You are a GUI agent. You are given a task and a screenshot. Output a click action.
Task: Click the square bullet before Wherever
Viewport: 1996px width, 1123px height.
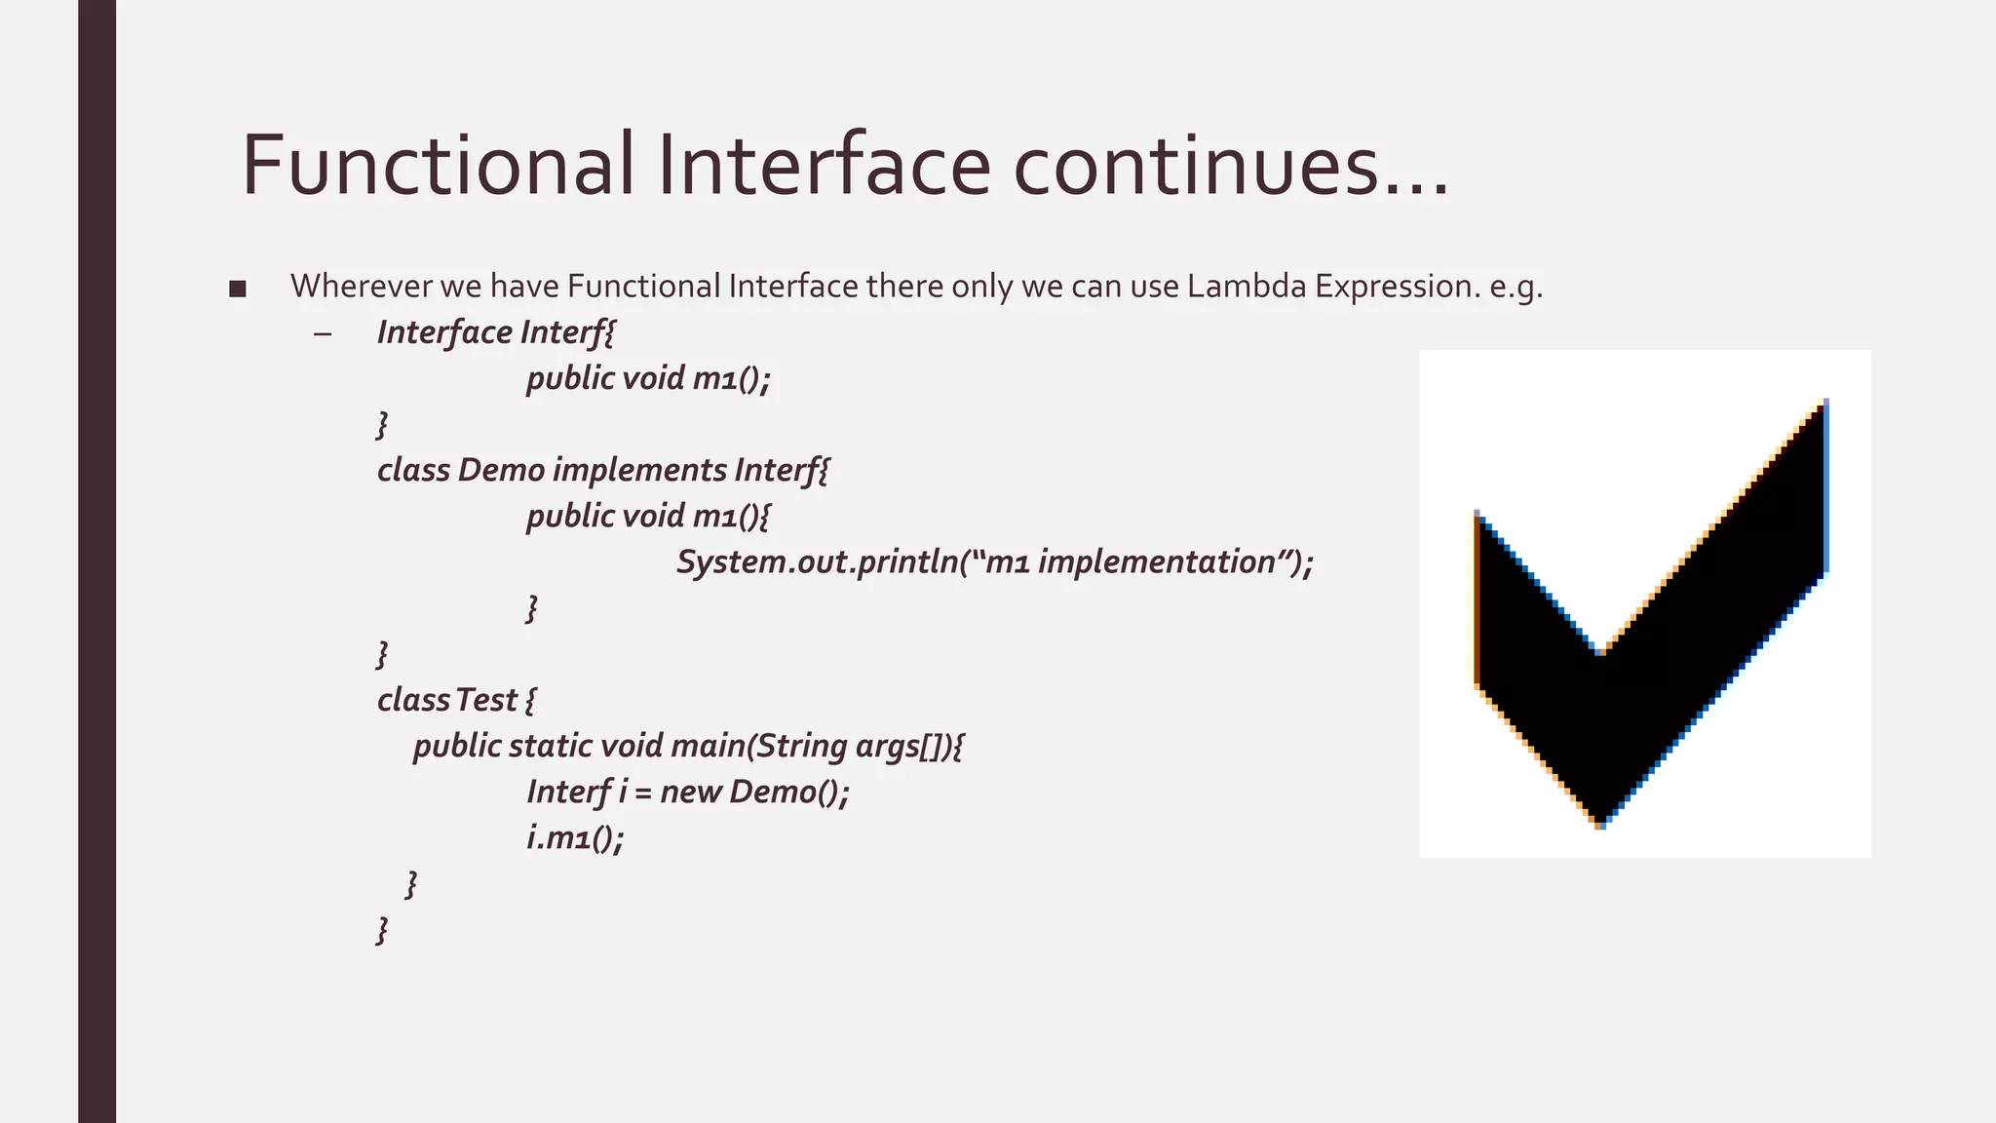[x=237, y=289]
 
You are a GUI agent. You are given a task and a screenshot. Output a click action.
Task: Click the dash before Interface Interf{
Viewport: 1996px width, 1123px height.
[x=323, y=333]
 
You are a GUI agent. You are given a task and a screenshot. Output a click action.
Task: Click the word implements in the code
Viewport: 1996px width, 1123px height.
[x=639, y=470]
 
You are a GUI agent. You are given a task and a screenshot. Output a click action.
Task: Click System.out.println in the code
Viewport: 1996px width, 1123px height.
[x=816, y=562]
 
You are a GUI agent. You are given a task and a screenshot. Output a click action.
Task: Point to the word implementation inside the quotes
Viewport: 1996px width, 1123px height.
[x=1157, y=562]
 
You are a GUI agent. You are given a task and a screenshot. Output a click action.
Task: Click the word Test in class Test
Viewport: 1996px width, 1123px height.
[x=486, y=700]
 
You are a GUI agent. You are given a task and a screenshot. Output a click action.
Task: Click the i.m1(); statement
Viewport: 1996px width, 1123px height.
[x=575, y=837]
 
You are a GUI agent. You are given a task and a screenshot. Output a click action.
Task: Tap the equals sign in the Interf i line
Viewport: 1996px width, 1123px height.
[x=642, y=793]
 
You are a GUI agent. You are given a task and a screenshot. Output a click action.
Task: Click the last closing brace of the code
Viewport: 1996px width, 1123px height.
[x=382, y=930]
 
